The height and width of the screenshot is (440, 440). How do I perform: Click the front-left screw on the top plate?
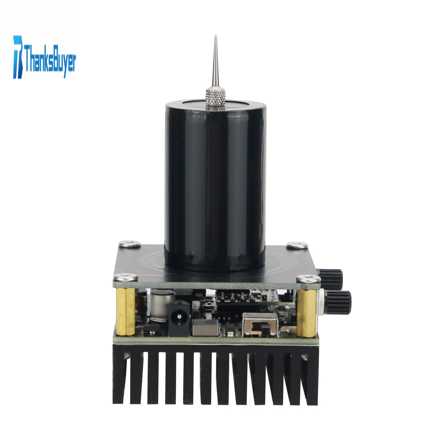coord(126,277)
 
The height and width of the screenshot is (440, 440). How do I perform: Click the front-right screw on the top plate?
coord(308,279)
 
